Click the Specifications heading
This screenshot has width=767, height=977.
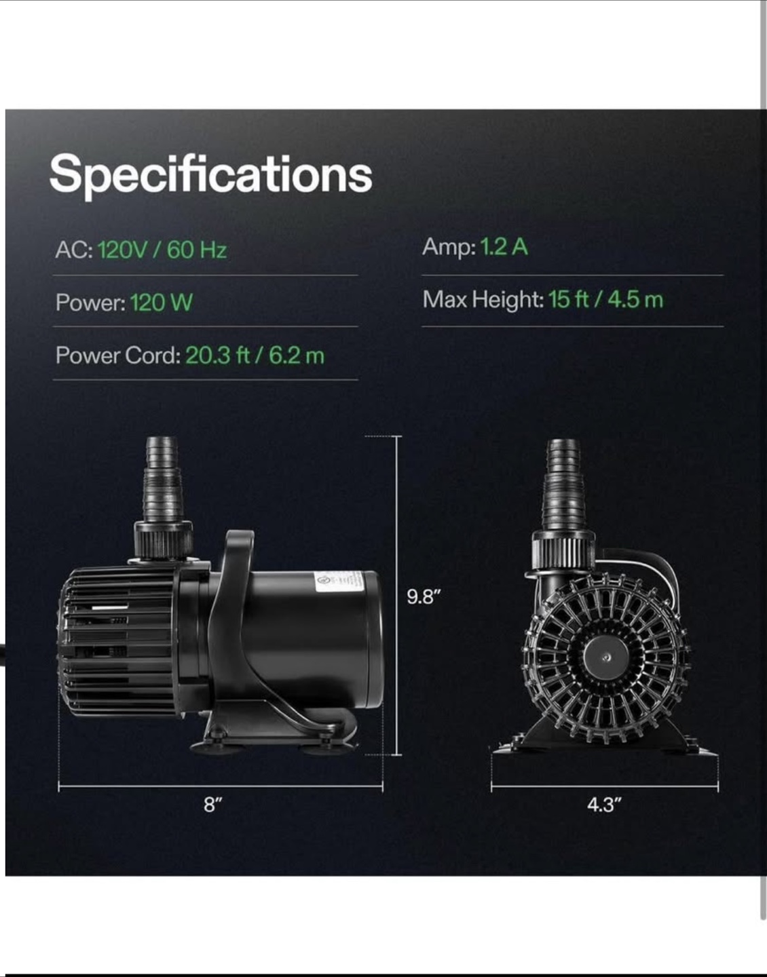coord(211,175)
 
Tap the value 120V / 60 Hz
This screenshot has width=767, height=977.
coord(162,250)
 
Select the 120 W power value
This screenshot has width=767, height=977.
coord(162,302)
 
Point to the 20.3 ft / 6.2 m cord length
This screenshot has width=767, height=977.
coord(255,356)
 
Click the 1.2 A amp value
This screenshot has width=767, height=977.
coord(504,247)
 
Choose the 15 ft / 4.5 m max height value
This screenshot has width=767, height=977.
coord(606,299)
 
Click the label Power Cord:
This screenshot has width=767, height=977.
coord(118,356)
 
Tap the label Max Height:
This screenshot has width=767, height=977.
coord(483,300)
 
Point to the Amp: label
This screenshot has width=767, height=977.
coord(449,248)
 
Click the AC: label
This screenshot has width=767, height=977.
coord(74,250)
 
